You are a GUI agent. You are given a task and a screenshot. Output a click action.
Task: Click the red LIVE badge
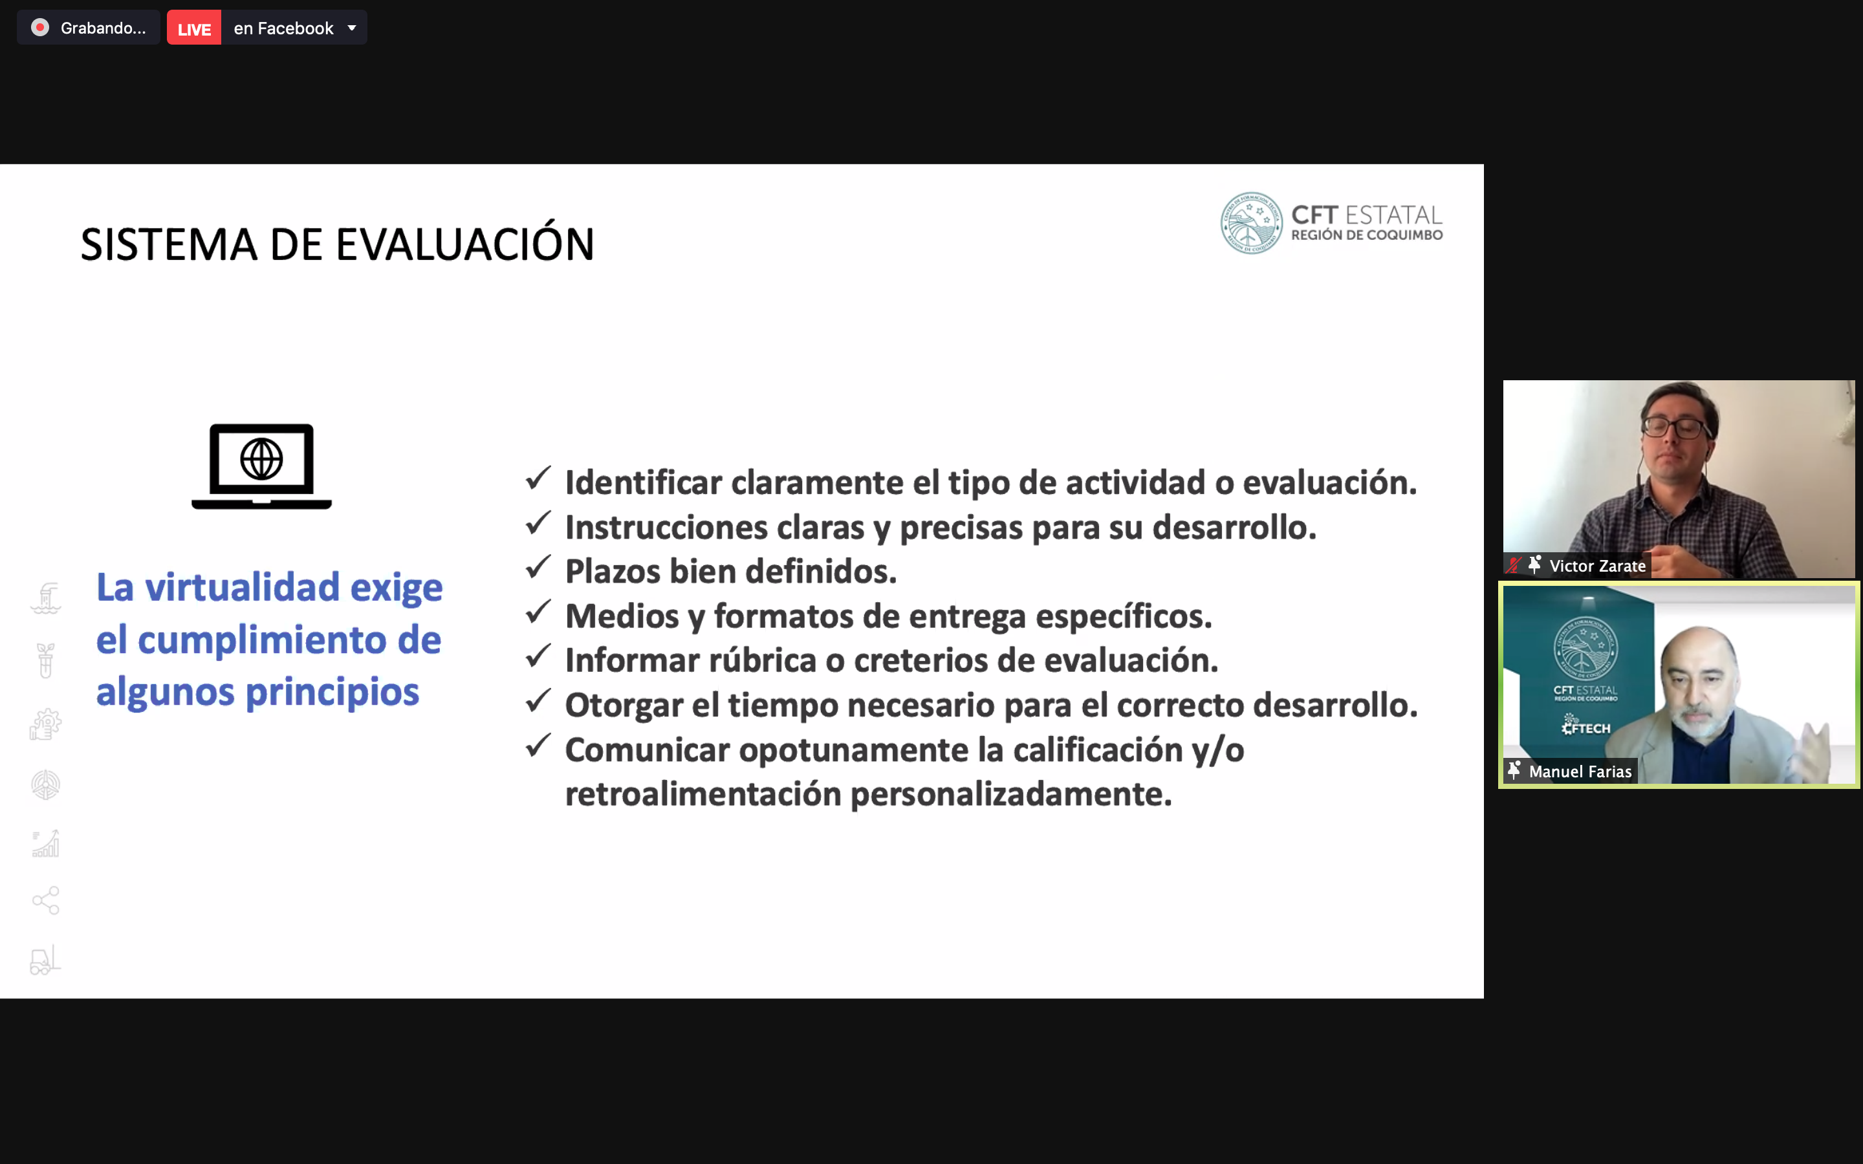pos(194,28)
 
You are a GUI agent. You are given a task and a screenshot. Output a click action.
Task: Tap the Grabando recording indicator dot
pos(40,28)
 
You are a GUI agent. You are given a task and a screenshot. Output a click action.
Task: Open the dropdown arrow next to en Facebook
pos(352,28)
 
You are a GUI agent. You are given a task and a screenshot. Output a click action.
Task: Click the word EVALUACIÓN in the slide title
pos(465,245)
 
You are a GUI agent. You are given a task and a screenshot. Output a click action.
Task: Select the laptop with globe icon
pos(262,466)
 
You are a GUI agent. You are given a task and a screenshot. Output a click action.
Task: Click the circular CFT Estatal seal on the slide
pos(1251,223)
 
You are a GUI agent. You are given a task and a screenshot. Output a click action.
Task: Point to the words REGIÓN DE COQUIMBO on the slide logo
pos(1367,235)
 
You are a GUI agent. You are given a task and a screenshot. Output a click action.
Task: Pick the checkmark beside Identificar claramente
pos(538,478)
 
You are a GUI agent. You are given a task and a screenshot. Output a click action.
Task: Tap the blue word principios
pos(332,692)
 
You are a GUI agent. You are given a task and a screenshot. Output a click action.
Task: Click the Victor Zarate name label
pos(1597,566)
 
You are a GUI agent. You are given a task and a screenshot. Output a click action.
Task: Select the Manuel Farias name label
pos(1580,771)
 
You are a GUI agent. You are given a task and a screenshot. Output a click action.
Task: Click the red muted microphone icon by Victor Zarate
pos(1514,565)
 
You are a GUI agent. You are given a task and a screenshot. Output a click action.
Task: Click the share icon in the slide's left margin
pos(45,900)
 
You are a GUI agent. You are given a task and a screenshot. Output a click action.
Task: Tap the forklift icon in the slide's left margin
pos(45,960)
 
